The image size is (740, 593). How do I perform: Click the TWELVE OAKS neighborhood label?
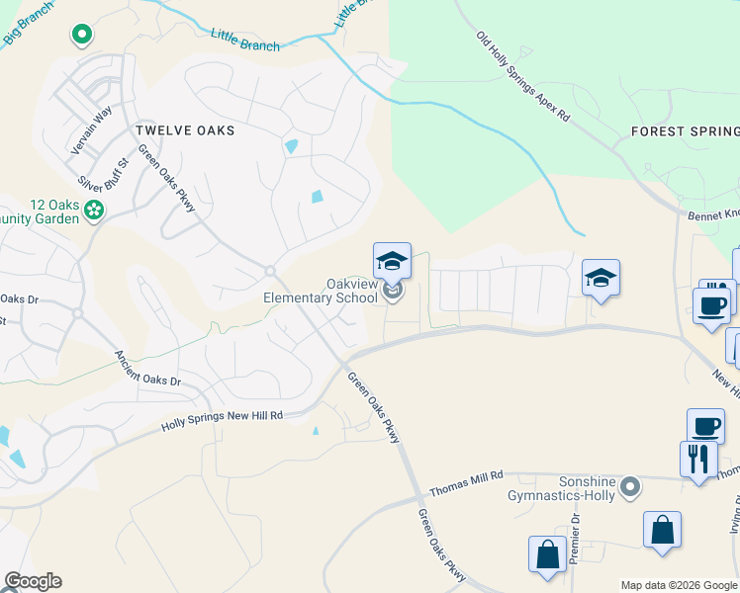[185, 130]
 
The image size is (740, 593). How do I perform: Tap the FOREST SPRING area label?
[685, 131]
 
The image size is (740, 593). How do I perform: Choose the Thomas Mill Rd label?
[466, 482]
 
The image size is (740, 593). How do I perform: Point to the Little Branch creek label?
[245, 39]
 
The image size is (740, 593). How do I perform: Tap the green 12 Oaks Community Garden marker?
[94, 210]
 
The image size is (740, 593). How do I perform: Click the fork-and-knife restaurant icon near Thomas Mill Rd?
[698, 459]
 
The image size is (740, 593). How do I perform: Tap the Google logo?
[33, 581]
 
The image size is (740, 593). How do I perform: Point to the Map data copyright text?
[680, 585]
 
